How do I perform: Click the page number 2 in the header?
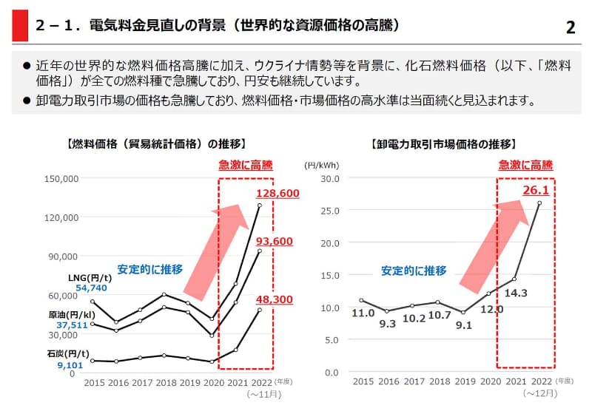[571, 27]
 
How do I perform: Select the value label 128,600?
[277, 193]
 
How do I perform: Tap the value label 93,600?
[275, 241]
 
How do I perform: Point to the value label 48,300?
[275, 299]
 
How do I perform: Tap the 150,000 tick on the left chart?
[61, 179]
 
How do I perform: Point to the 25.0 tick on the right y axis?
[329, 211]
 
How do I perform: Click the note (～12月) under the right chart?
[539, 394]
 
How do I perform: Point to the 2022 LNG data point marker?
[260, 205]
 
